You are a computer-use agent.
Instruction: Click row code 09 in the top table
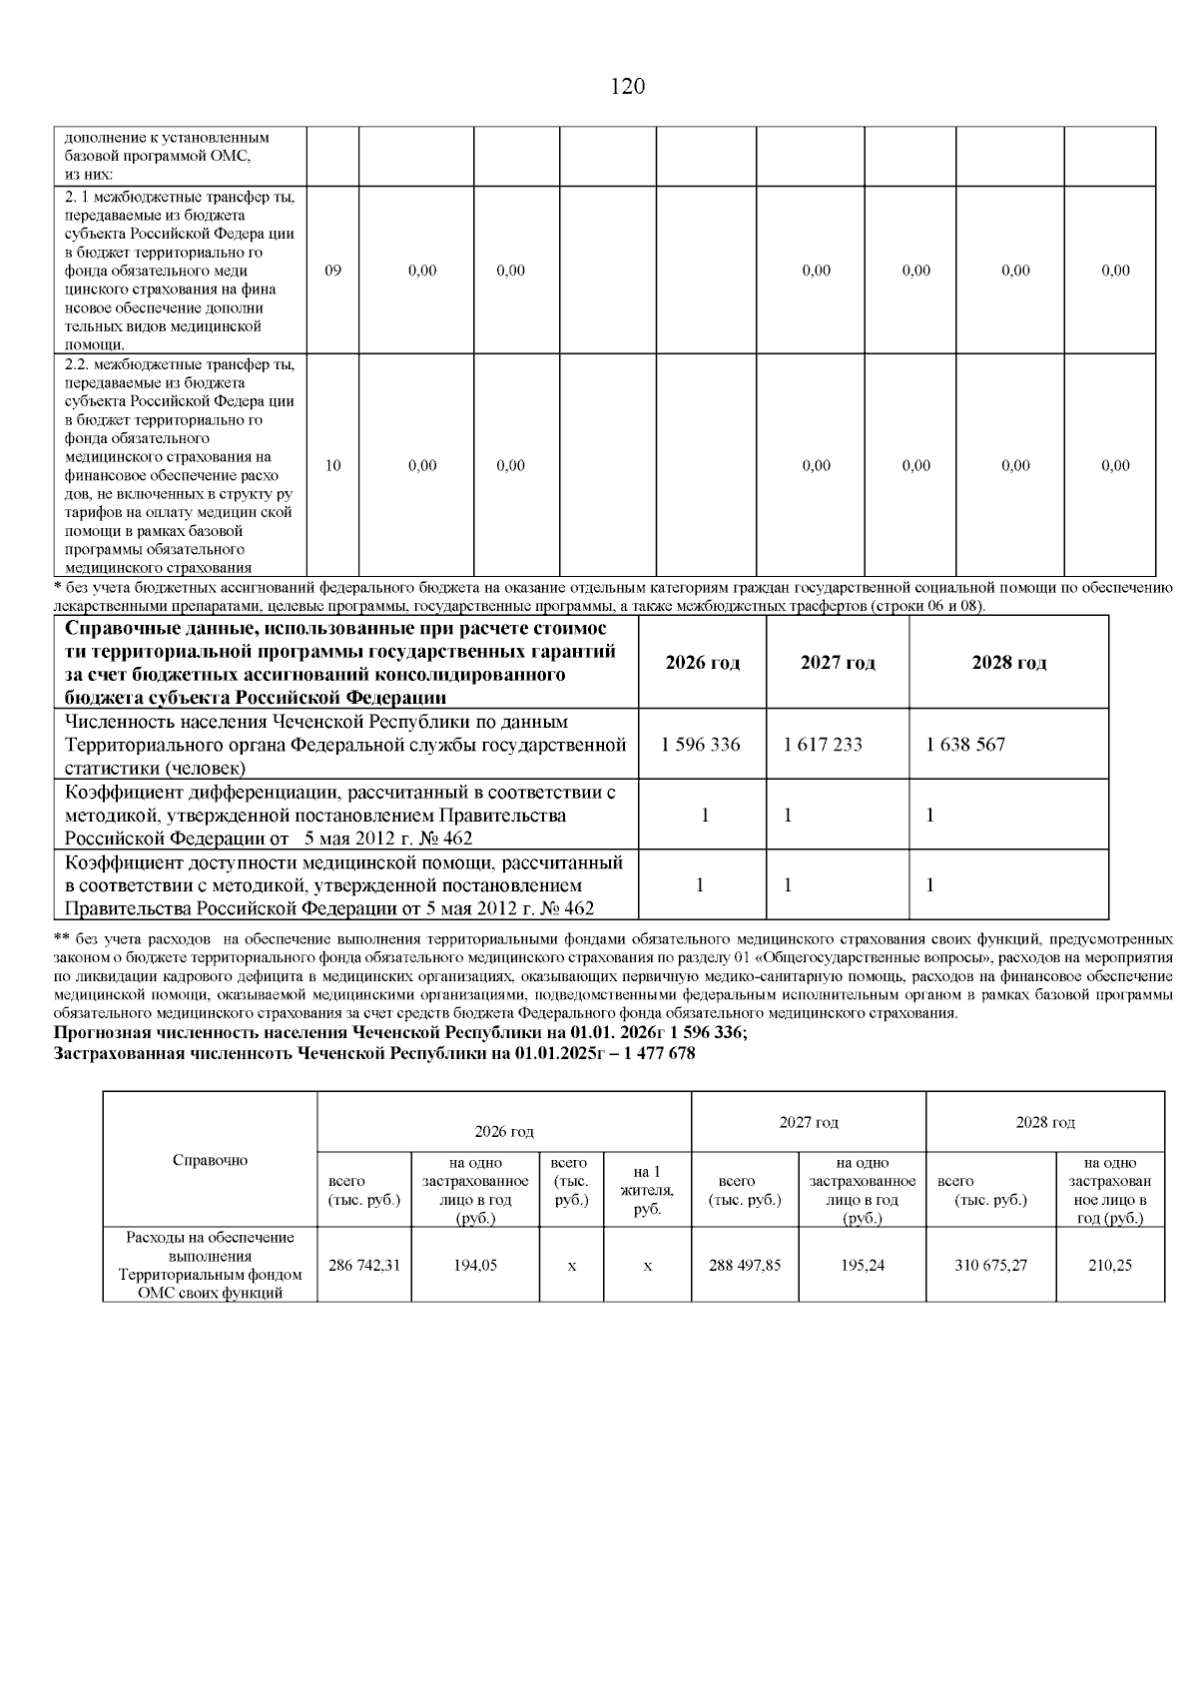point(333,271)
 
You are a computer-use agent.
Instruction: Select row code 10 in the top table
point(333,465)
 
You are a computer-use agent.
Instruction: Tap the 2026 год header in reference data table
point(702,663)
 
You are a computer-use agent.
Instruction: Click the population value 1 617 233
point(823,745)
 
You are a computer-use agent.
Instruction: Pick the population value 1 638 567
point(965,745)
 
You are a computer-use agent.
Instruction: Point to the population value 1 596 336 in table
point(701,745)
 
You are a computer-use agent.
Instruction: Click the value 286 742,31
point(364,1265)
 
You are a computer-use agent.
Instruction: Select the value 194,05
point(475,1265)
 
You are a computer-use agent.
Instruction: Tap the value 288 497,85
point(745,1265)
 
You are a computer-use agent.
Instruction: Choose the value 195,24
point(863,1265)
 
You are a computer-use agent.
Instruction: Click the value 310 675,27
point(990,1265)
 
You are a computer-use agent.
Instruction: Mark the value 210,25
point(1110,1265)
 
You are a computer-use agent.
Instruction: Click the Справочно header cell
point(211,1160)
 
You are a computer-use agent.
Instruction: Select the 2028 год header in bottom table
point(1044,1122)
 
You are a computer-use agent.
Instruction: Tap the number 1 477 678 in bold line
point(657,1054)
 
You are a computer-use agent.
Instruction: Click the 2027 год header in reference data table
point(838,663)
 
